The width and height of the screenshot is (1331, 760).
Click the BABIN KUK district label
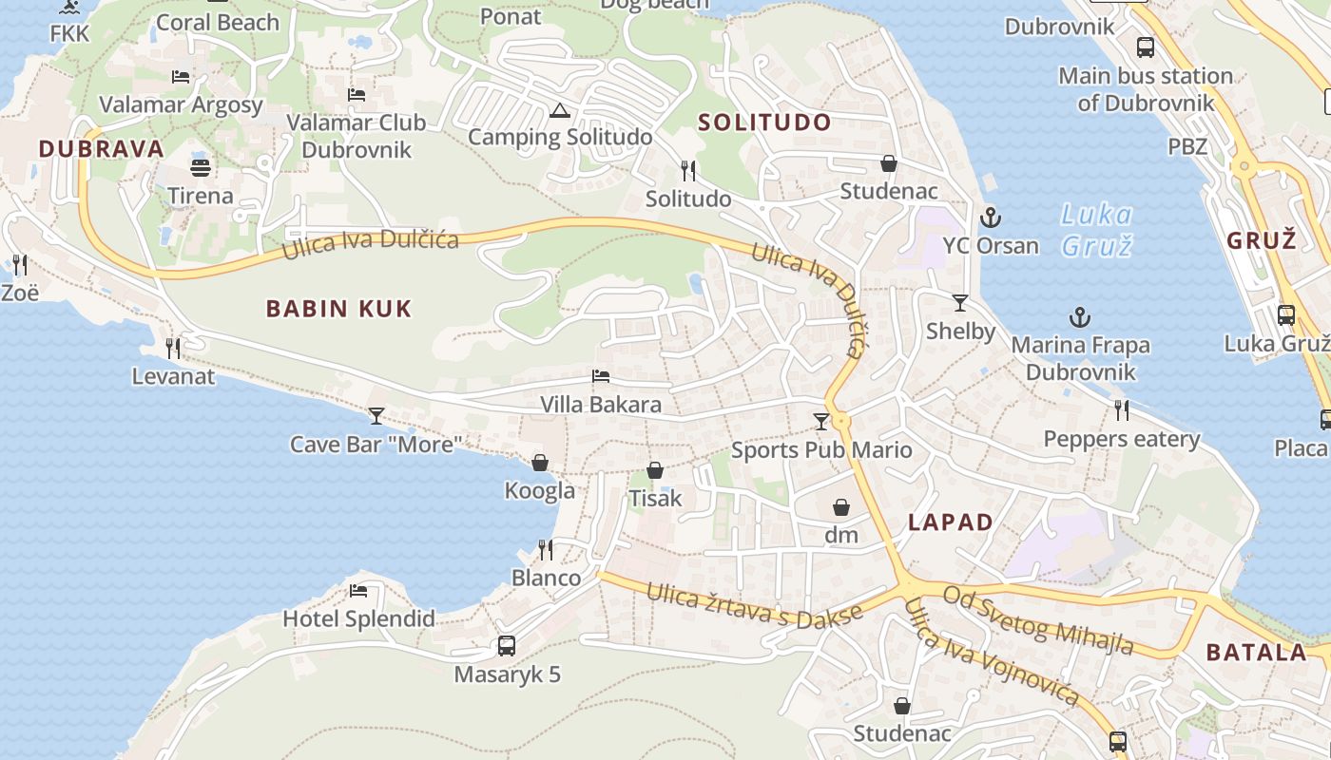point(338,308)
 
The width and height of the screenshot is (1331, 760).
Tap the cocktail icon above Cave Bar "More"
point(376,416)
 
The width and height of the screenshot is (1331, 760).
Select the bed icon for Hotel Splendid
point(358,591)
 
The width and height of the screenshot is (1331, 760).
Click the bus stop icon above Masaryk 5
point(507,646)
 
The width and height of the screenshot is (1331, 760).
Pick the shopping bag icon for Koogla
point(540,463)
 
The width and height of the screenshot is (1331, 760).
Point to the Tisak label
point(655,498)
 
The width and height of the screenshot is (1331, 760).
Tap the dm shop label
point(841,535)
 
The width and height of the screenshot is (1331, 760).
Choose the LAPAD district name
point(951,522)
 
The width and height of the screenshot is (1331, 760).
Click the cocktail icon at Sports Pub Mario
point(821,421)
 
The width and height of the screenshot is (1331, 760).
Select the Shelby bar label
point(960,332)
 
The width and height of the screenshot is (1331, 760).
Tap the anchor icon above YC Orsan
point(991,218)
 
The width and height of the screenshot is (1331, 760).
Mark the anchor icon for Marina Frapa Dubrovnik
point(1080,317)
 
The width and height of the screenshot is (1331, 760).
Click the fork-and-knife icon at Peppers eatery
point(1122,410)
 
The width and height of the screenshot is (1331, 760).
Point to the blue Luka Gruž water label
point(1096,230)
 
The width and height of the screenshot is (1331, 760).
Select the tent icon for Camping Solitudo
point(559,109)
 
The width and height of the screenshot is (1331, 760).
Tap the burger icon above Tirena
point(201,168)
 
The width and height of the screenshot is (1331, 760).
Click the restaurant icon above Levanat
point(173,349)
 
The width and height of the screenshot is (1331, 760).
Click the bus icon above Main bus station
point(1146,47)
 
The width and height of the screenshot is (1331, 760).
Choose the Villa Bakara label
point(601,405)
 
